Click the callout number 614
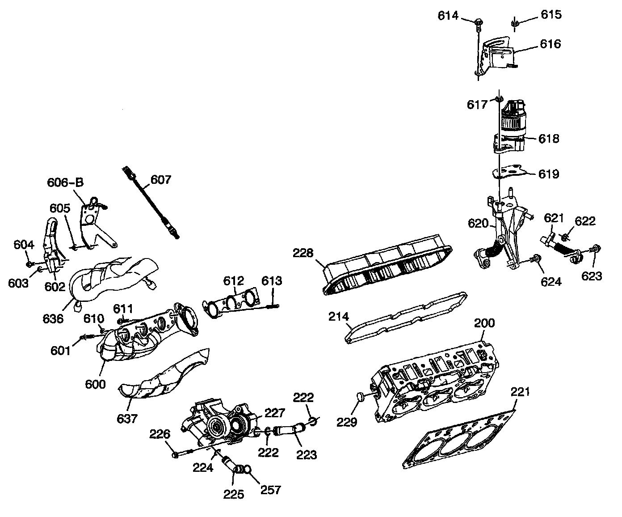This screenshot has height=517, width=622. coord(448,16)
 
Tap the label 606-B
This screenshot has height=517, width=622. coord(65,182)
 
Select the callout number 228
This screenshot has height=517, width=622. coord(303,253)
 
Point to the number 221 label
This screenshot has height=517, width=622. coord(520,392)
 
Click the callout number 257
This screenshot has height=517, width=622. coord(271,489)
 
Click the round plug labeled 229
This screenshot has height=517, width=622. coord(360,396)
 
